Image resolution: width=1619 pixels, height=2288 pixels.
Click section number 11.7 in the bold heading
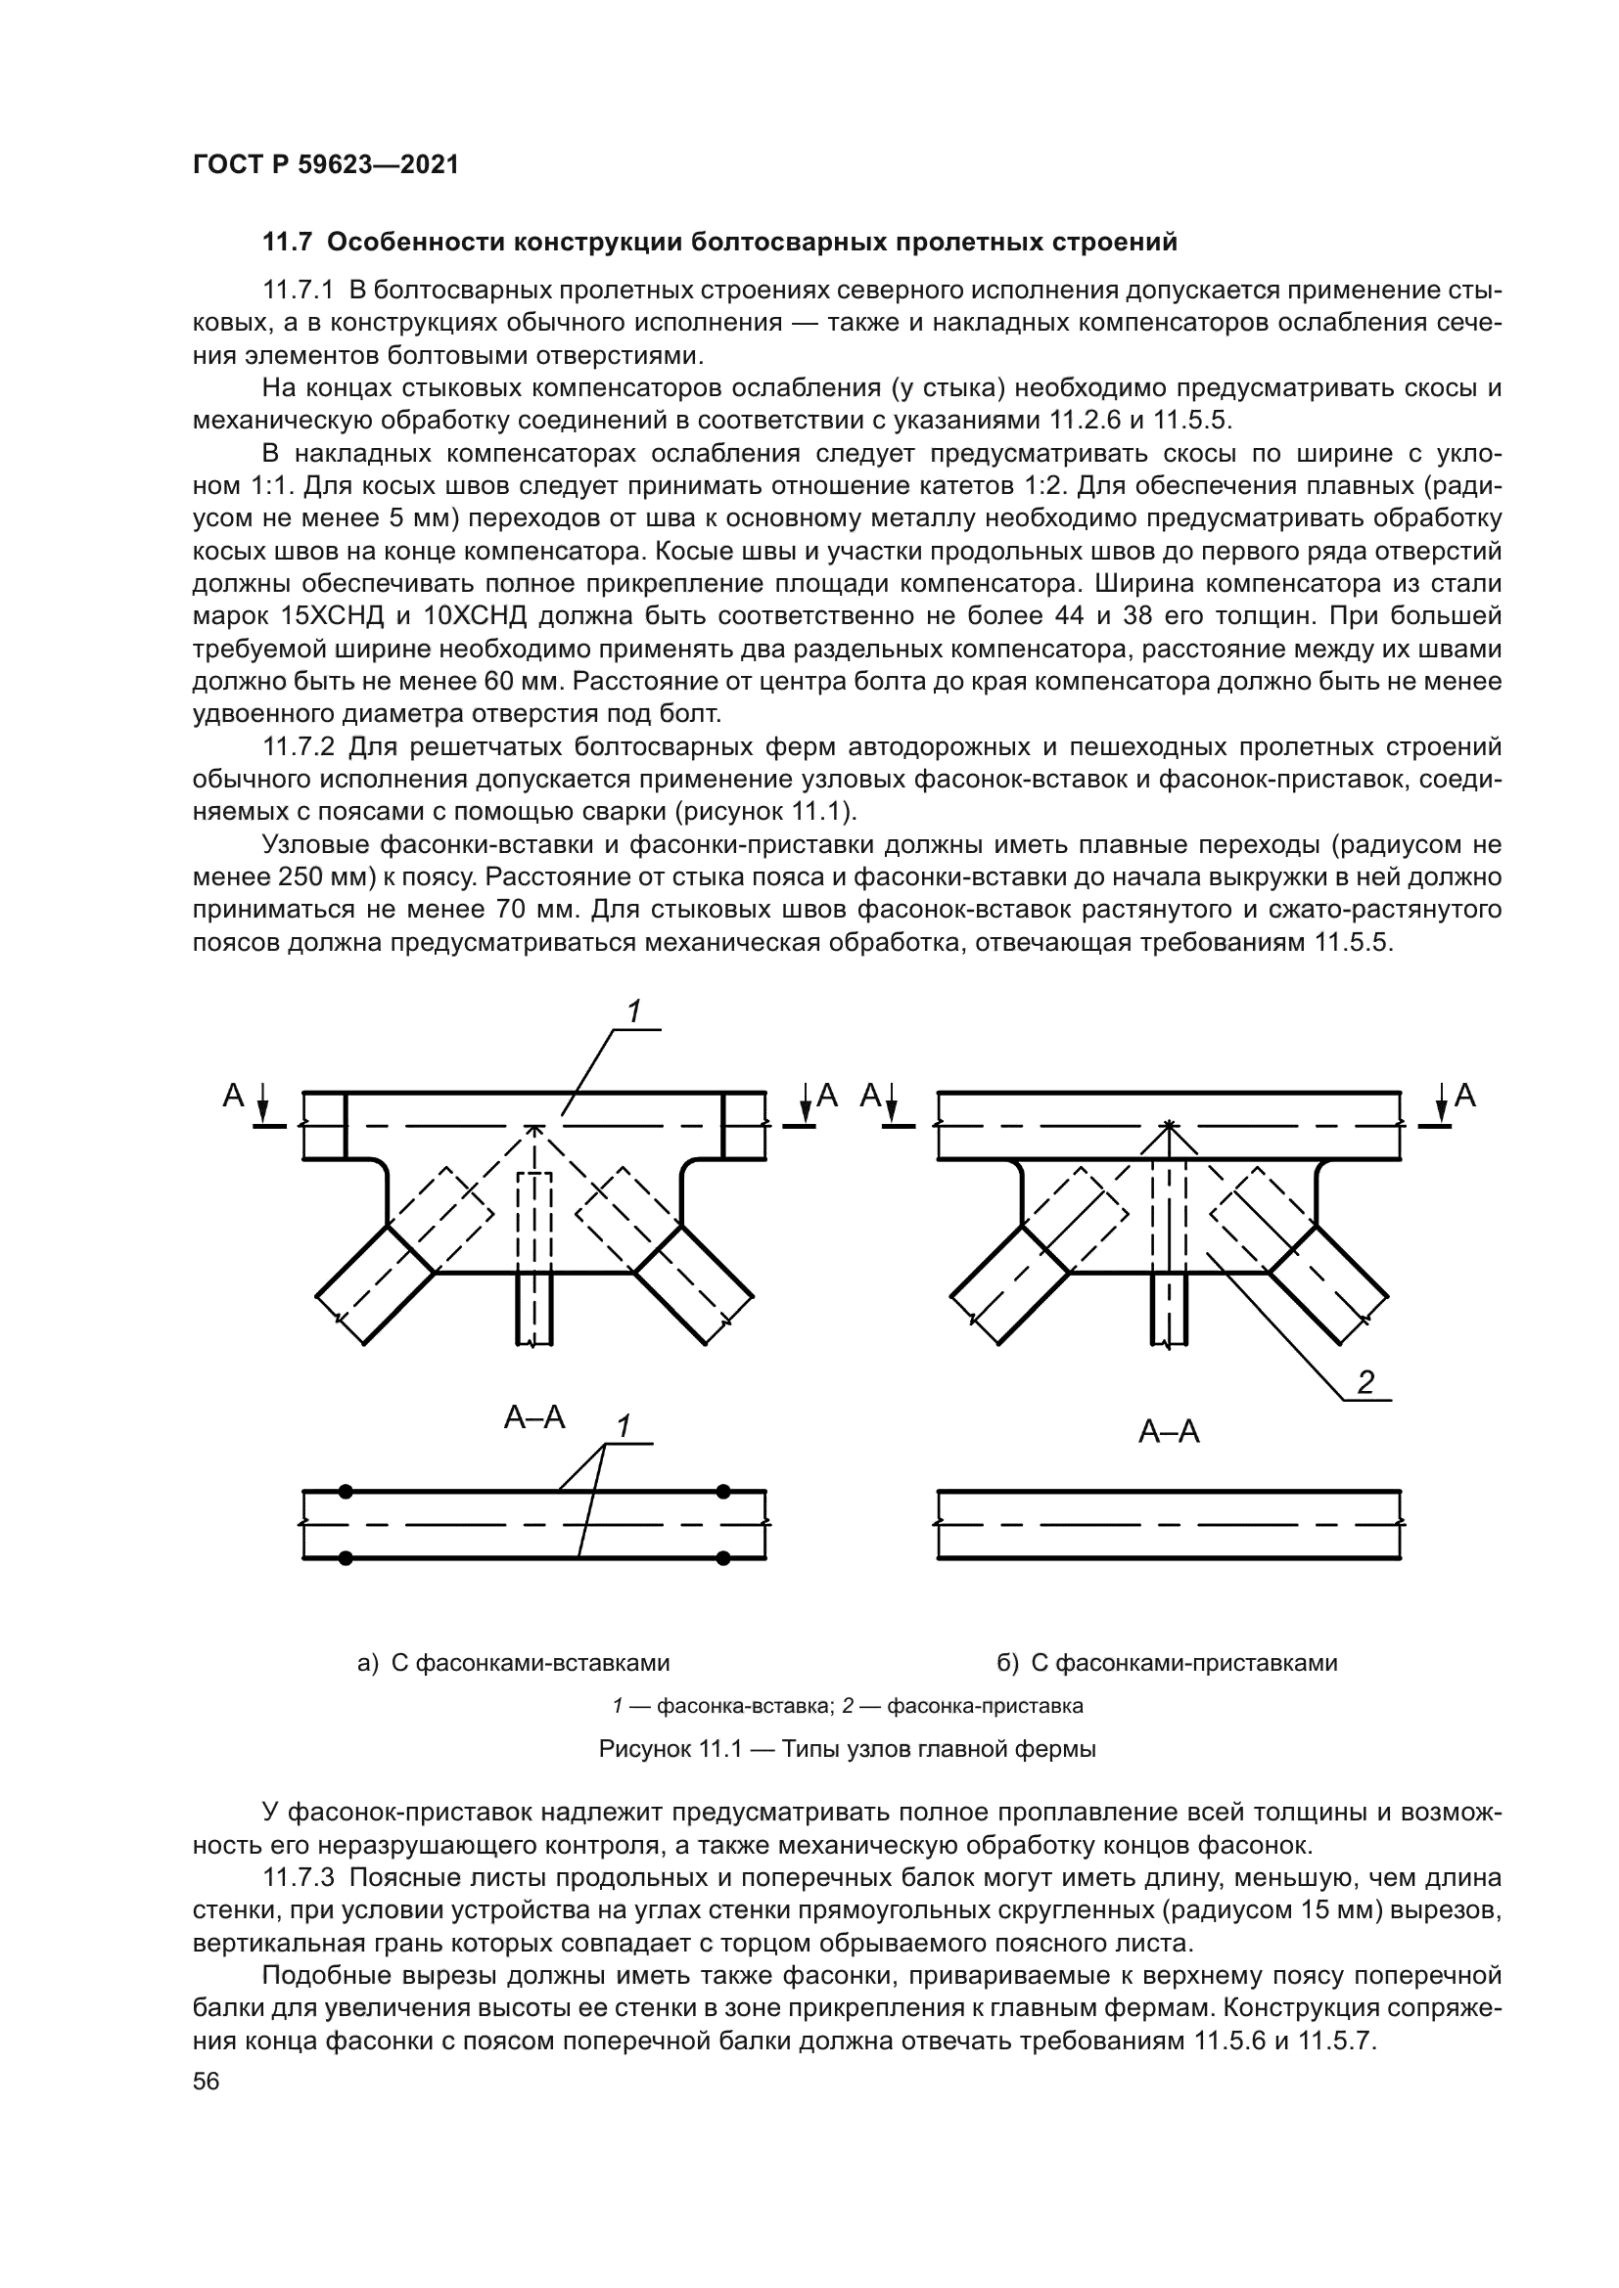tap(287, 243)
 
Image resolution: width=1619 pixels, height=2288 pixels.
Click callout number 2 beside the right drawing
tap(1365, 1381)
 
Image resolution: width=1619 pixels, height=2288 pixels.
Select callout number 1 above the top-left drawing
tap(632, 1011)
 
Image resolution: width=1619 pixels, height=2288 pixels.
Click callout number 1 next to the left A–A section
tap(624, 1427)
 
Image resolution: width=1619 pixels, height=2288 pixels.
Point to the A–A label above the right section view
tap(1169, 1433)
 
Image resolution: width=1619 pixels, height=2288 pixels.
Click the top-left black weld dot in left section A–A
tap(346, 1491)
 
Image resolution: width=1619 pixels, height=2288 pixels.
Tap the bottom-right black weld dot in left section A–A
tap(723, 1557)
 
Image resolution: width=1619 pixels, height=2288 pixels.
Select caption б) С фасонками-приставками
tap(1168, 1663)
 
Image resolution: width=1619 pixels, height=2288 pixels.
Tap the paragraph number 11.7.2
tap(301, 747)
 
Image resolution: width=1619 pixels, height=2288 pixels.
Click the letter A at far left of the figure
tap(233, 1097)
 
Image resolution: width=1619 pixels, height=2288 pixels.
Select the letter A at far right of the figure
tap(1464, 1097)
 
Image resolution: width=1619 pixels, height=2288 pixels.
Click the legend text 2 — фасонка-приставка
tap(962, 1706)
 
